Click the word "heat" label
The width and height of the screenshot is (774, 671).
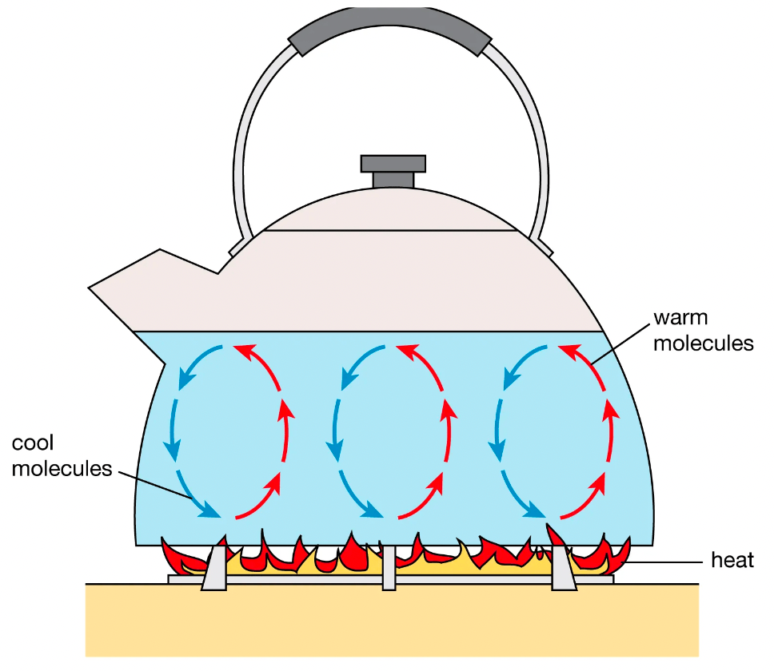(x=732, y=560)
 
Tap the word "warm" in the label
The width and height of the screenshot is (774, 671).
(x=680, y=318)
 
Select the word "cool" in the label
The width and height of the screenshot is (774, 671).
(x=33, y=443)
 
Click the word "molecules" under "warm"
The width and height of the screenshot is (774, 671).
(x=704, y=343)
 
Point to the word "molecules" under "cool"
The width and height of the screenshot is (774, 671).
(x=62, y=468)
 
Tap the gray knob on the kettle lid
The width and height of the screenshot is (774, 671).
(x=393, y=171)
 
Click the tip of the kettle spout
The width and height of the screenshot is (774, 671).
(x=89, y=288)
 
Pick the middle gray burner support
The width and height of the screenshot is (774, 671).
(x=389, y=568)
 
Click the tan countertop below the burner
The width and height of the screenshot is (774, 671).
(x=392, y=620)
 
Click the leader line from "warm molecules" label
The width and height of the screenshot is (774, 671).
(x=620, y=344)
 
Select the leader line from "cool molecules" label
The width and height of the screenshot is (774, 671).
(x=155, y=486)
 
